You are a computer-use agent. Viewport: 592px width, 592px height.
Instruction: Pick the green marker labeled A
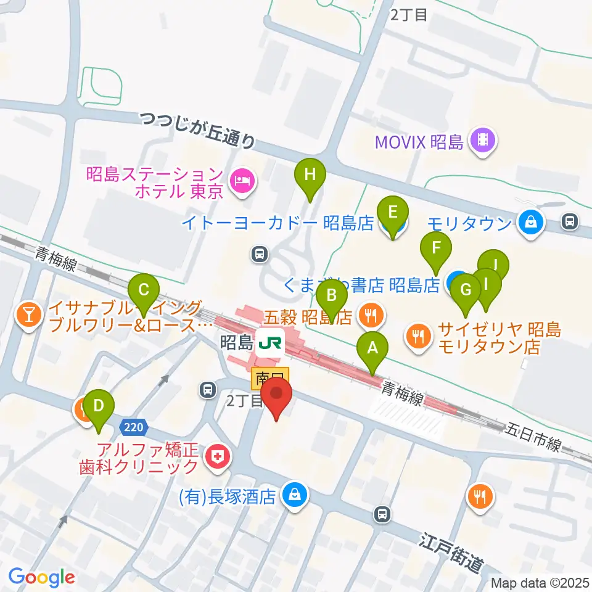pyautogui.click(x=372, y=348)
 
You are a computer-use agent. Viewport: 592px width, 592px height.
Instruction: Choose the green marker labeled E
pyautogui.click(x=393, y=213)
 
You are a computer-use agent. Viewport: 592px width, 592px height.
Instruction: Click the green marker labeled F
pyautogui.click(x=436, y=250)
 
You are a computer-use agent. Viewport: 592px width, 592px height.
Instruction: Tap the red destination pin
pyautogui.click(x=276, y=395)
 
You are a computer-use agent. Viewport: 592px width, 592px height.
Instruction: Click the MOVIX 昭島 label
pyautogui.click(x=420, y=143)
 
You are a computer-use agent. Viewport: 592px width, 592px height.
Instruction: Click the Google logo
pyautogui.click(x=42, y=578)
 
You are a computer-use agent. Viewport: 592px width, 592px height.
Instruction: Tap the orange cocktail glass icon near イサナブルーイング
pyautogui.click(x=28, y=316)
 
